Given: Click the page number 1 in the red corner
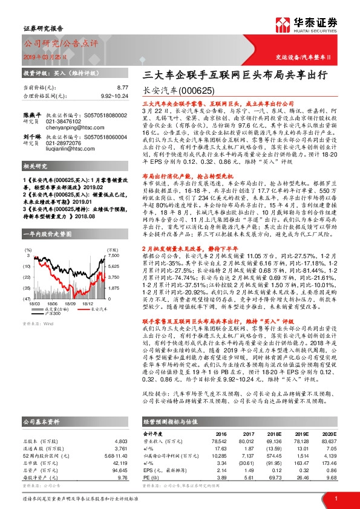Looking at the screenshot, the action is [x=335, y=498].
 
